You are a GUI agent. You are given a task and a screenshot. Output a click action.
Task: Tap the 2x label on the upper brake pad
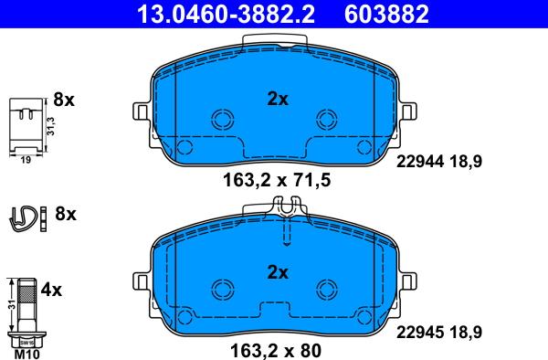click(x=277, y=100)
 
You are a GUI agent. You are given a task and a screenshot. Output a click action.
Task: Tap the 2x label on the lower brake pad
click(x=277, y=271)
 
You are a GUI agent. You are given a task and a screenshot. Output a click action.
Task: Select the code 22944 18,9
click(x=438, y=161)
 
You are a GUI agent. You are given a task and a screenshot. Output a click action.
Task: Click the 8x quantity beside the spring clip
click(x=66, y=215)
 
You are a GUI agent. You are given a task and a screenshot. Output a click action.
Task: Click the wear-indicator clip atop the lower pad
click(x=286, y=211)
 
